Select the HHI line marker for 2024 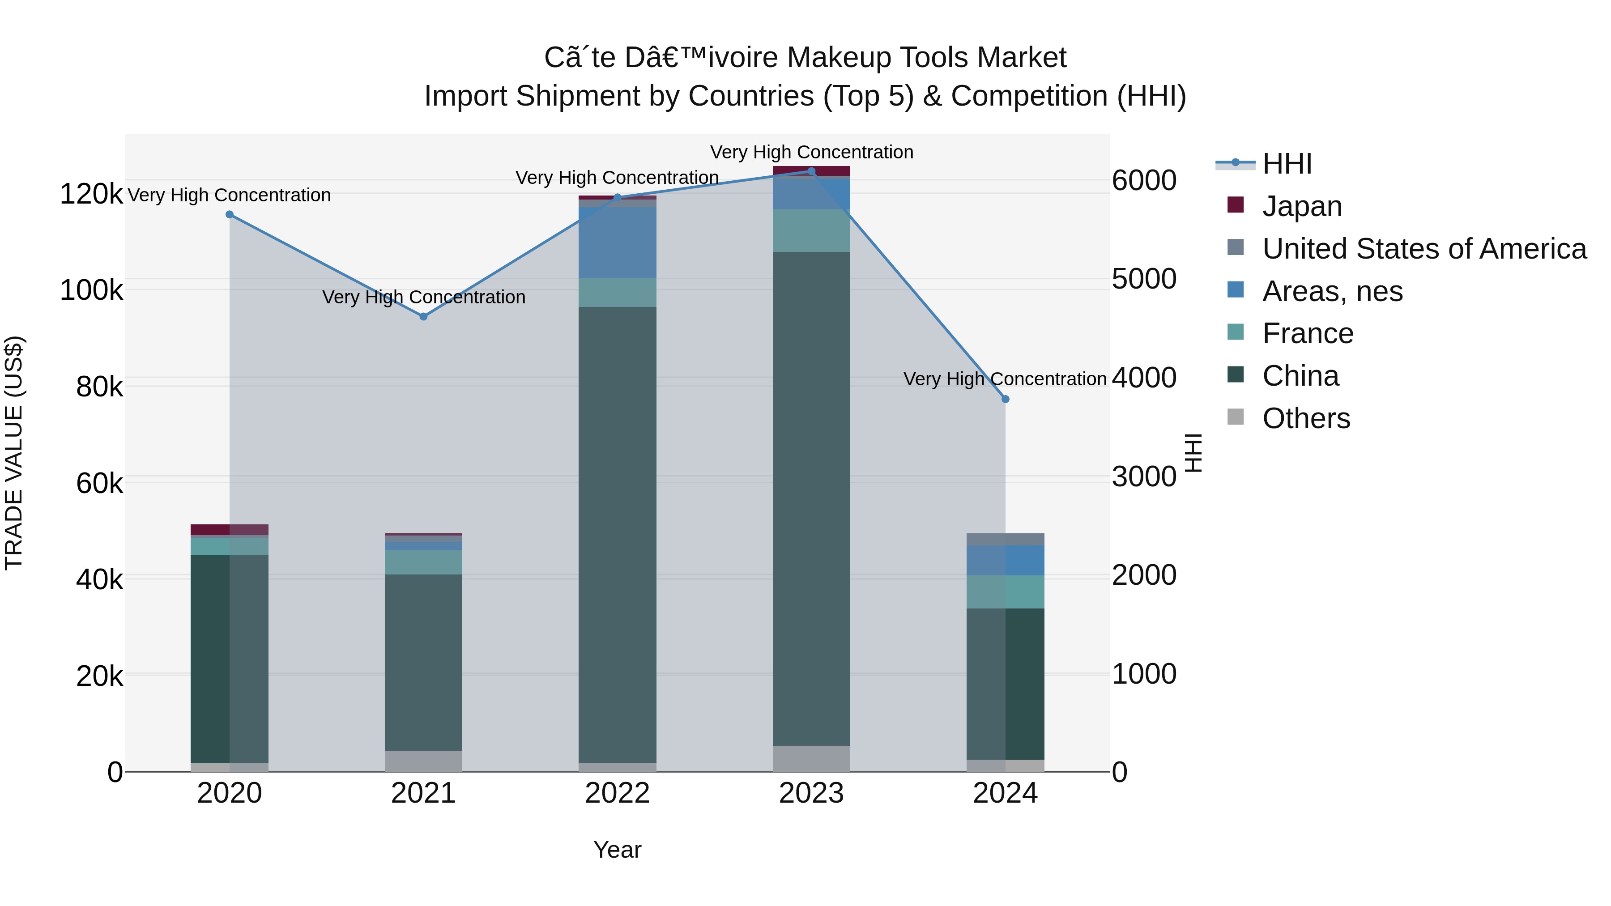click(x=1005, y=399)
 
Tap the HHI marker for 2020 click(x=230, y=214)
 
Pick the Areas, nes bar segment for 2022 click(x=617, y=242)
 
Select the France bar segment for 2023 click(x=811, y=231)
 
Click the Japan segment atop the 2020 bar click(x=230, y=530)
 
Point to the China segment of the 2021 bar click(x=423, y=662)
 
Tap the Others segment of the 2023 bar click(x=811, y=758)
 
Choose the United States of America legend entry click(x=1424, y=249)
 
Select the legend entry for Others click(x=1306, y=418)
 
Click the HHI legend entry click(x=1287, y=164)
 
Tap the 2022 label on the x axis click(x=617, y=793)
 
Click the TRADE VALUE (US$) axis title click(x=14, y=453)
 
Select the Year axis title click(x=617, y=850)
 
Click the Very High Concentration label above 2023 click(x=811, y=152)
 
